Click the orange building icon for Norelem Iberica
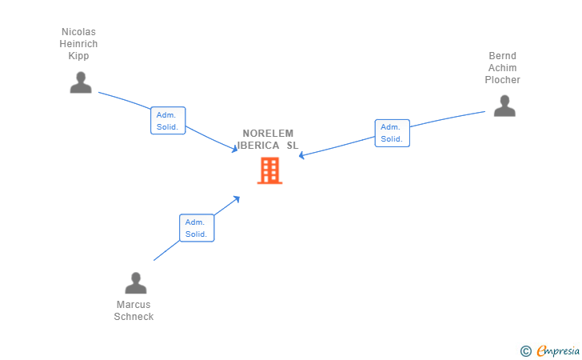269,170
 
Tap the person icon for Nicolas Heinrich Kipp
81,82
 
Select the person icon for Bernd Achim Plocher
504,106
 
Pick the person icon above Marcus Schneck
136,283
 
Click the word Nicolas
78,32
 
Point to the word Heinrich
78,44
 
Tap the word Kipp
78,56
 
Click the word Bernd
503,56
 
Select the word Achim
503,68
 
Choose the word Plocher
503,80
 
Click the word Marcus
134,305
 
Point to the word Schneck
134,317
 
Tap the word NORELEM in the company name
269,134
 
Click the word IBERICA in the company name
258,146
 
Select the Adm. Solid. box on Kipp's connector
168,121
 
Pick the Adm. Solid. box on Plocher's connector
392,133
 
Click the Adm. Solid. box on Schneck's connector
197,228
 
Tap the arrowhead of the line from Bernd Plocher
301,155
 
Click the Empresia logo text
558,350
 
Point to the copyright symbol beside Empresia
525,350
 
